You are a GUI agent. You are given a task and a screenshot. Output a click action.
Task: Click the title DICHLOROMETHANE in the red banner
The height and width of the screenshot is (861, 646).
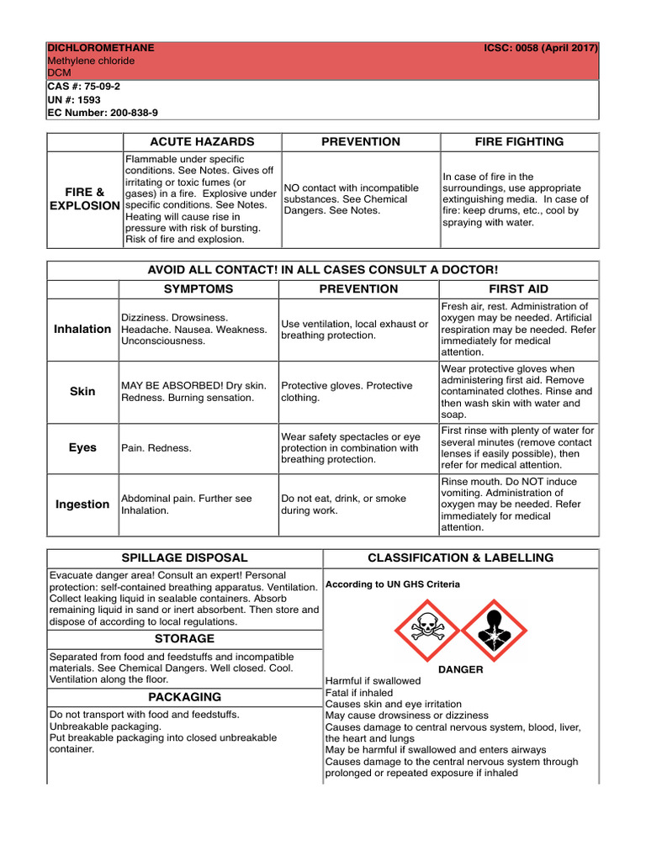pyautogui.click(x=101, y=48)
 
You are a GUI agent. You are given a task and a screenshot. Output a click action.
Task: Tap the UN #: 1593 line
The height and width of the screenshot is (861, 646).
pyautogui.click(x=74, y=99)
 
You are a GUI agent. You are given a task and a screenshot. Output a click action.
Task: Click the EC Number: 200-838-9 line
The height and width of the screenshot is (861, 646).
pyautogui.click(x=103, y=112)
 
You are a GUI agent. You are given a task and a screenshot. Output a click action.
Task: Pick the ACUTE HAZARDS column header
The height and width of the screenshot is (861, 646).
pyautogui.click(x=202, y=142)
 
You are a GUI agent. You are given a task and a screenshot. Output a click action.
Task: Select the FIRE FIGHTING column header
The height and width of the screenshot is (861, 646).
pyautogui.click(x=519, y=142)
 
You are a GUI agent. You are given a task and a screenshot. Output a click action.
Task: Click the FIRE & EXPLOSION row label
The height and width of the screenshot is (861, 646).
pyautogui.click(x=84, y=199)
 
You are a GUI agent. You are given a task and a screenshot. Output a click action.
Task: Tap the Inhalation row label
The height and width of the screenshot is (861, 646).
pyautogui.click(x=82, y=329)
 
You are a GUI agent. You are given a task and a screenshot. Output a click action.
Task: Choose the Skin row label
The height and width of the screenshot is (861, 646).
pyautogui.click(x=82, y=392)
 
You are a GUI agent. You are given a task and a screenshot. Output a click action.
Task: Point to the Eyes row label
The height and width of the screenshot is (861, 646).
pyautogui.click(x=82, y=448)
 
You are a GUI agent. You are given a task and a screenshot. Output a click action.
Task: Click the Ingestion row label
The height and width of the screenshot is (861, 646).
pyautogui.click(x=82, y=504)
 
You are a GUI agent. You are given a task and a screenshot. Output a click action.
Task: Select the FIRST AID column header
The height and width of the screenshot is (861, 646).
pyautogui.click(x=519, y=289)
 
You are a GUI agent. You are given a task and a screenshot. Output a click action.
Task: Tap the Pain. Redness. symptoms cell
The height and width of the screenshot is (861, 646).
pyautogui.click(x=156, y=448)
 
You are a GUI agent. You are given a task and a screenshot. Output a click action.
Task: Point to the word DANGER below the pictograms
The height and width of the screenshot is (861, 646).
pyautogui.click(x=460, y=669)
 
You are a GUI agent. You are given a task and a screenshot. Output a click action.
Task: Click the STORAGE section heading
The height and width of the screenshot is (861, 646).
pyautogui.click(x=184, y=639)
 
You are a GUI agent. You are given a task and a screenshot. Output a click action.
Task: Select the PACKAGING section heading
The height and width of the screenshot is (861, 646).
pyautogui.click(x=184, y=697)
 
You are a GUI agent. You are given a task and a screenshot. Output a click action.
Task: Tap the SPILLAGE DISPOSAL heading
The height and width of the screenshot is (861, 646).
pyautogui.click(x=184, y=557)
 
